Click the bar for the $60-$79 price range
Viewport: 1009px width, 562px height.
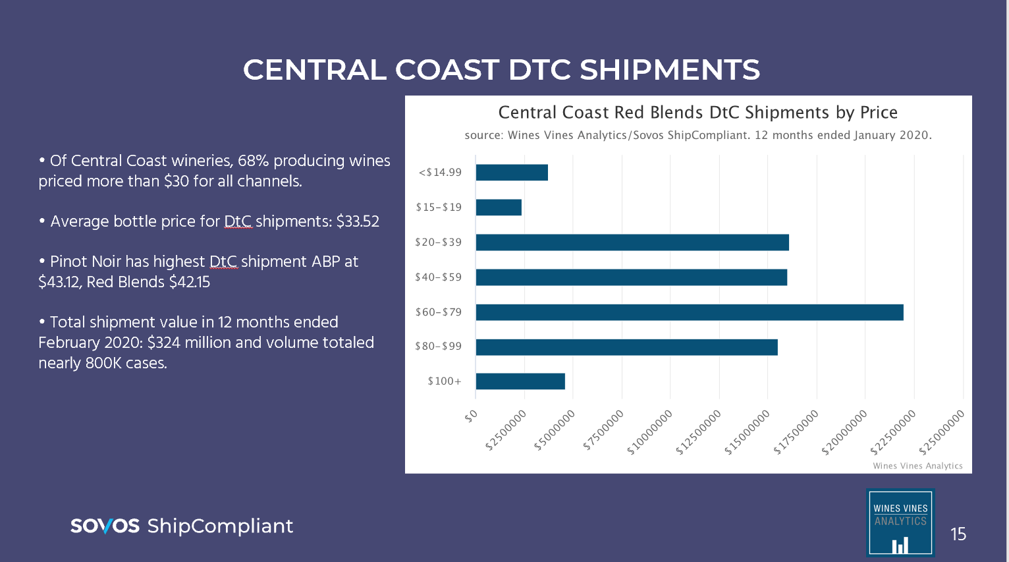(689, 312)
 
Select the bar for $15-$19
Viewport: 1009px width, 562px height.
(499, 208)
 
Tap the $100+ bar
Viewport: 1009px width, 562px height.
(520, 381)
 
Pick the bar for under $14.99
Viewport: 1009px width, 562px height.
(512, 173)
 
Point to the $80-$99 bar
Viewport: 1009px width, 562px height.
(626, 347)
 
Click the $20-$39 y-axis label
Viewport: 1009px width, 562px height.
(439, 242)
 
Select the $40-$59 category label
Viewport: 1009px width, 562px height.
(439, 277)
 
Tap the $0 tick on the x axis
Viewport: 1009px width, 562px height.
(470, 416)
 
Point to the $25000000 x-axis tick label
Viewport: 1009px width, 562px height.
(942, 432)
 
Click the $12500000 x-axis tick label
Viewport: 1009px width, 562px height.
(699, 432)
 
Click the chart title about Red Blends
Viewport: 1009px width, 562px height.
(697, 113)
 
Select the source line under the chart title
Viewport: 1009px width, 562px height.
(697, 136)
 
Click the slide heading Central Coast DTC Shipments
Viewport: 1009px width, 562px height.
(501, 70)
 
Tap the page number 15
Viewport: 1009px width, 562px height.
(958, 534)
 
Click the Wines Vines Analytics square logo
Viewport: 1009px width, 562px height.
(900, 522)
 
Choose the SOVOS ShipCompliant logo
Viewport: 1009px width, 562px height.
(182, 526)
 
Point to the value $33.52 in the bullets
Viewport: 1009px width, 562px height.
(358, 221)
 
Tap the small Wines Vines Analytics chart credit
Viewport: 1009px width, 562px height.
(917, 466)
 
